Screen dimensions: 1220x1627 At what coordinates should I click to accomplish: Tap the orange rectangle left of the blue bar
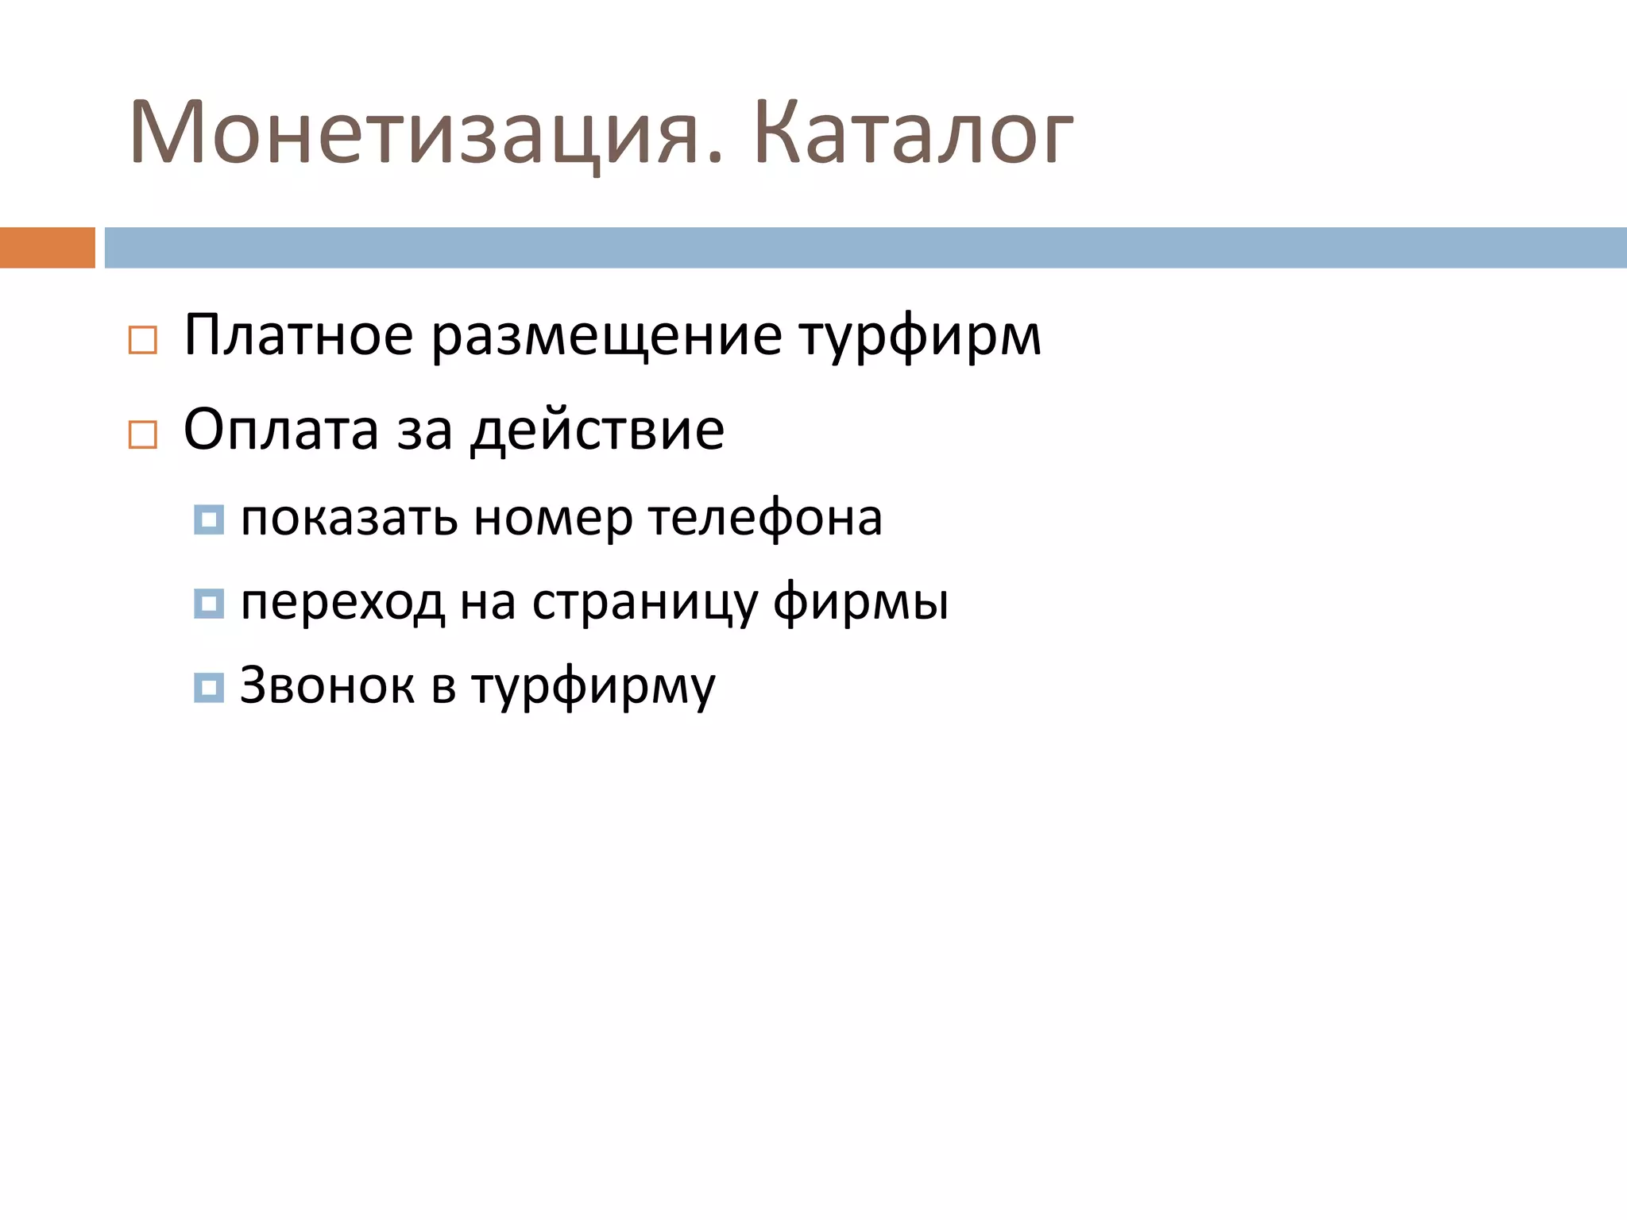[x=47, y=247]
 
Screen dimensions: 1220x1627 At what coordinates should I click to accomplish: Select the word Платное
[x=298, y=336]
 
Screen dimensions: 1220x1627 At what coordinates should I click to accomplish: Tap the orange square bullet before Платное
[x=143, y=340]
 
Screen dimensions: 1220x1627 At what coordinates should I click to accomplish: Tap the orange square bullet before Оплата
[x=143, y=434]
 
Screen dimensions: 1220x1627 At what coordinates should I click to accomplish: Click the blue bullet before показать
[x=209, y=519]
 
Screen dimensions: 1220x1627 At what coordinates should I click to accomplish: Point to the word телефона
[x=765, y=519]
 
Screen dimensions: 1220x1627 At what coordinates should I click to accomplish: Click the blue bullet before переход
[x=209, y=604]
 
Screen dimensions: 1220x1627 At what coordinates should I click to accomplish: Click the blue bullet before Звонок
[x=209, y=687]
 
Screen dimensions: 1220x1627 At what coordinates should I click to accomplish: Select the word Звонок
[x=327, y=685]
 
